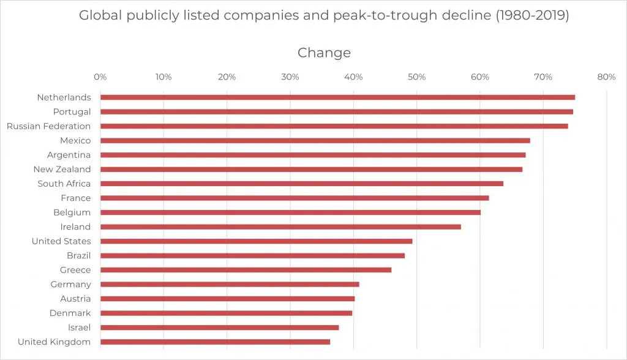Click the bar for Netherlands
coord(337,97)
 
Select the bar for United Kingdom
coord(215,342)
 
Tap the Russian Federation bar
coord(334,126)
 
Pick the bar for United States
coord(256,241)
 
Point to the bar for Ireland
coord(280,227)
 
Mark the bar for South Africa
coord(301,184)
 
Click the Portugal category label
coord(72,112)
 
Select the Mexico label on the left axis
coord(75,141)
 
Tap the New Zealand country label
coord(62,170)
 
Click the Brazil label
coord(79,256)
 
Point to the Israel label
coord(79,328)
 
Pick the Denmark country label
coord(70,313)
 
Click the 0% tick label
coord(100,77)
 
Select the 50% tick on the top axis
coord(416,77)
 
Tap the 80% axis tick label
coord(606,77)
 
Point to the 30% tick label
coord(290,77)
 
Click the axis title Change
coord(324,53)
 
